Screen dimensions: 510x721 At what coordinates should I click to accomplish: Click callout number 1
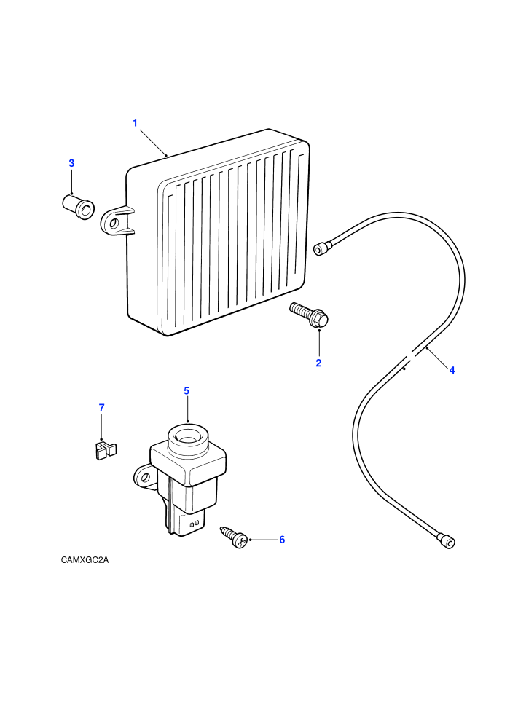pyautogui.click(x=136, y=123)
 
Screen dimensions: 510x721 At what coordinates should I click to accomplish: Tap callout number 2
pyautogui.click(x=318, y=363)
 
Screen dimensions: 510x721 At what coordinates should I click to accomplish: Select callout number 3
pyautogui.click(x=71, y=163)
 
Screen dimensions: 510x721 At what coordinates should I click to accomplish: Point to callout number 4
pyautogui.click(x=452, y=370)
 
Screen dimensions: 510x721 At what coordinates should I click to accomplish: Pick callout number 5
pyautogui.click(x=187, y=391)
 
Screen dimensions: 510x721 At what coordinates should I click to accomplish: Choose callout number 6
pyautogui.click(x=283, y=540)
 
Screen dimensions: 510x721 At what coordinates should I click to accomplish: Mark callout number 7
pyautogui.click(x=101, y=407)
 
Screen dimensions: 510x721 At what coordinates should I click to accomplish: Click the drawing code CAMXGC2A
pyautogui.click(x=85, y=560)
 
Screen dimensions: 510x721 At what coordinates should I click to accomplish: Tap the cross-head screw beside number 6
pyautogui.click(x=235, y=537)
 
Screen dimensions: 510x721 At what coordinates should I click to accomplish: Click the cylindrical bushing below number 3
pyautogui.click(x=78, y=207)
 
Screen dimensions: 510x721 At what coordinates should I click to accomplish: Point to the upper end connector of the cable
pyautogui.click(x=321, y=248)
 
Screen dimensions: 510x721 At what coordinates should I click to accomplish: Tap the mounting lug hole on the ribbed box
pyautogui.click(x=113, y=224)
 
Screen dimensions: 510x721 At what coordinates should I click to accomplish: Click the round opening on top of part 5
pyautogui.click(x=187, y=436)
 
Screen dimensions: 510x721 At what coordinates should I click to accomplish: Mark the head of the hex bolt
pyautogui.click(x=321, y=320)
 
